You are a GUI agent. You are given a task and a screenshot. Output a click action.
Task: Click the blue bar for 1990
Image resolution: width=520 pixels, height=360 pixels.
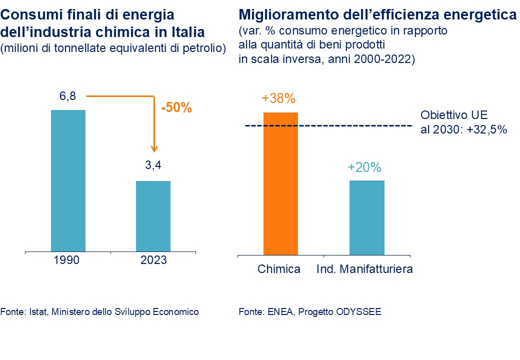[68, 180]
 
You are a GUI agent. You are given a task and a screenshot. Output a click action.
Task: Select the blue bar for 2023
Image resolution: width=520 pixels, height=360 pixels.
[153, 215]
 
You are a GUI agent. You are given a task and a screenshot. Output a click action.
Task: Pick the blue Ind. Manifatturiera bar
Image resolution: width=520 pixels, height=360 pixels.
[366, 217]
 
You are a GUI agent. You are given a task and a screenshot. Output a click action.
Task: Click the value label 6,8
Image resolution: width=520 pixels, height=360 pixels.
[67, 96]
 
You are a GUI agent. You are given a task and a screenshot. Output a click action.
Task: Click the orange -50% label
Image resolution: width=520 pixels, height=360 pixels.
[176, 108]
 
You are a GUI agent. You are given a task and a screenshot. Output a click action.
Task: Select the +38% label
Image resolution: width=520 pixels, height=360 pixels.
[279, 98]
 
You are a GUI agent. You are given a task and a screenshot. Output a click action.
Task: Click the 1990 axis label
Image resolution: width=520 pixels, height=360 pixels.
[67, 260]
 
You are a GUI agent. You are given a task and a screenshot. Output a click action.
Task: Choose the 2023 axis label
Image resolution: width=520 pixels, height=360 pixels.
[153, 260]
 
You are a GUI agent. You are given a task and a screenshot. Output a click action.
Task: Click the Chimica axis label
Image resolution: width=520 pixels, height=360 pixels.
[279, 269]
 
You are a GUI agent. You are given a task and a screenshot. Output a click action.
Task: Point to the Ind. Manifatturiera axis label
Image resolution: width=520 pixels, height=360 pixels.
[365, 269]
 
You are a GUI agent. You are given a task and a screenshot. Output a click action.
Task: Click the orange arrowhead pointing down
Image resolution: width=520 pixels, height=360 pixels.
[154, 148]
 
